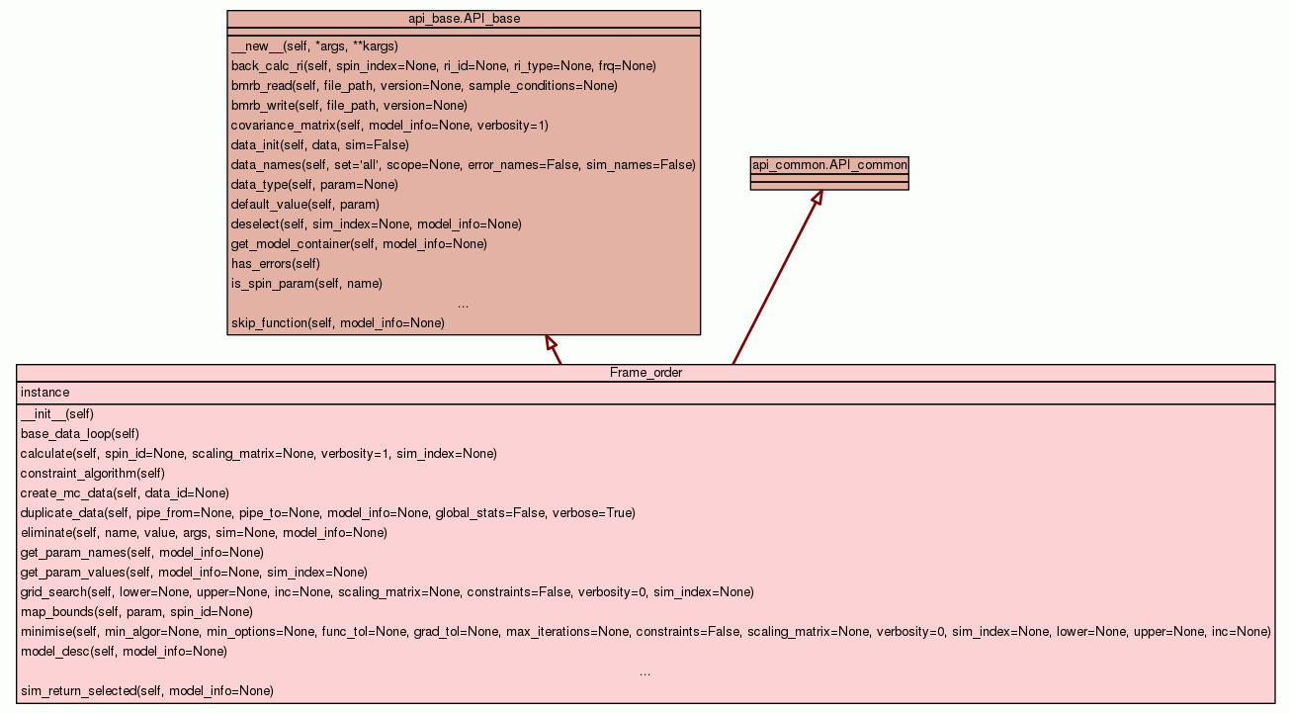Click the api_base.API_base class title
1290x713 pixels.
464,19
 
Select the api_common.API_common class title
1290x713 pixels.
829,165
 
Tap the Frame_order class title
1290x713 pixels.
645,373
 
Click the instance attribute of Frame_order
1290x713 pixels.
45,393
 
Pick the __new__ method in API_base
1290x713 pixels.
314,46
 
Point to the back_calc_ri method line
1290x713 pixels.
443,66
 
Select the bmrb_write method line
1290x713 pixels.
349,106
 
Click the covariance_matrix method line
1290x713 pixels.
389,126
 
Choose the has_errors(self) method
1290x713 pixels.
276,264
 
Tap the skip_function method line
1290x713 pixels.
338,323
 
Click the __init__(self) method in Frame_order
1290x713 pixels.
57,414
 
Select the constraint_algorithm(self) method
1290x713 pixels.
93,474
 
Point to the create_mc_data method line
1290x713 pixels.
125,493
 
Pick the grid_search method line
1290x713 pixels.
387,592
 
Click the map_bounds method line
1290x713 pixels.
136,612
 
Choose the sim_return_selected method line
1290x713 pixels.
147,691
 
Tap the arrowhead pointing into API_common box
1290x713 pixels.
817,197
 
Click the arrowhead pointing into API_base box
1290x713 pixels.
551,342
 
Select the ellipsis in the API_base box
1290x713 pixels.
464,304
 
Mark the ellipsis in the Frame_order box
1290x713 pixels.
645,671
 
